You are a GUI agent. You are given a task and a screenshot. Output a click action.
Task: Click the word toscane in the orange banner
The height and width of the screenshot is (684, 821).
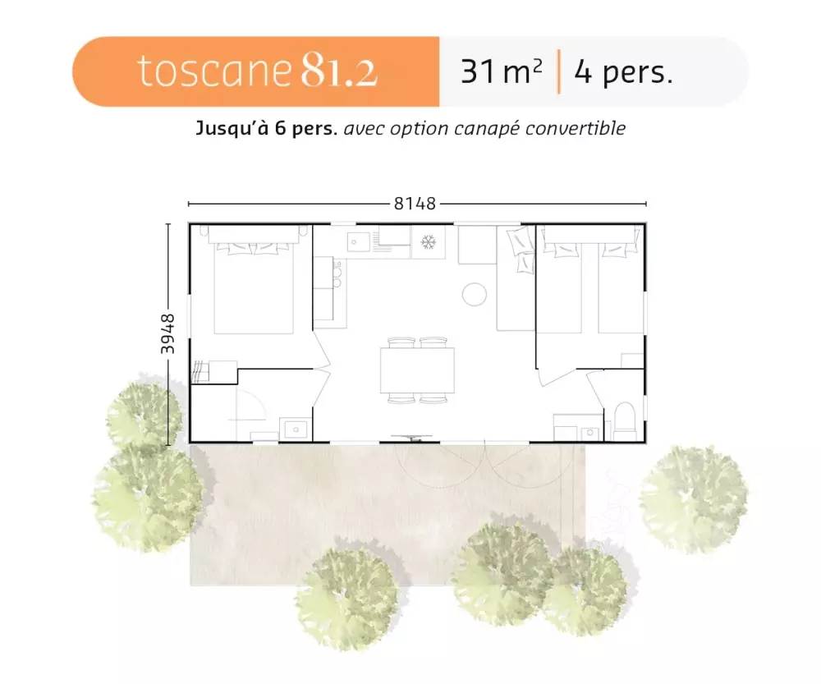[x=213, y=71]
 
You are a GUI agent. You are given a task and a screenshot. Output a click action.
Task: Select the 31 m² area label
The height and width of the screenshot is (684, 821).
[x=501, y=71]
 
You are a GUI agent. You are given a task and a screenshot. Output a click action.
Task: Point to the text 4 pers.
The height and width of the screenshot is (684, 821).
[x=623, y=71]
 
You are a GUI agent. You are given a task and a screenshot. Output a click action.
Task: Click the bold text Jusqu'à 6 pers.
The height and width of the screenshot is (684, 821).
[x=267, y=128]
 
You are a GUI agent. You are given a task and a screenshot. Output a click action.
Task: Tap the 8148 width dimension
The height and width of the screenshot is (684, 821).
[x=415, y=204]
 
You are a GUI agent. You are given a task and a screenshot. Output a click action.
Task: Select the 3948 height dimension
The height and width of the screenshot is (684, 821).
[x=167, y=333]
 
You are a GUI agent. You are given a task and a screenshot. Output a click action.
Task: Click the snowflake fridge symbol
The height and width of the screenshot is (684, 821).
[x=429, y=242]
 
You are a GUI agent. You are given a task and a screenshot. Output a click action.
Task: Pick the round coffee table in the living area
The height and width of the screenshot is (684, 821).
[x=475, y=294]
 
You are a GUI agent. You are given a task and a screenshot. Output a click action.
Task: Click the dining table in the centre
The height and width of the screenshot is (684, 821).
[x=417, y=370]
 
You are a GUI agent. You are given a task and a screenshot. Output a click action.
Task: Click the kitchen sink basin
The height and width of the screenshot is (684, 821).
[x=358, y=241]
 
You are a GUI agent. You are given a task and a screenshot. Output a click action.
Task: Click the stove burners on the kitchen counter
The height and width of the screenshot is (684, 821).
[x=337, y=274]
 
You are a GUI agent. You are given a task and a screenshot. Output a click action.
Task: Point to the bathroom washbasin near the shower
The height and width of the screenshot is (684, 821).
[x=296, y=429]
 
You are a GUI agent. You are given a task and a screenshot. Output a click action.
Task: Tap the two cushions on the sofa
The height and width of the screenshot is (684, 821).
[x=521, y=249]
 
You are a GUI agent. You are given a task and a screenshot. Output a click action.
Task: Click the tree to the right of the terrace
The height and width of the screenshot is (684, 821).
[x=694, y=499]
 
